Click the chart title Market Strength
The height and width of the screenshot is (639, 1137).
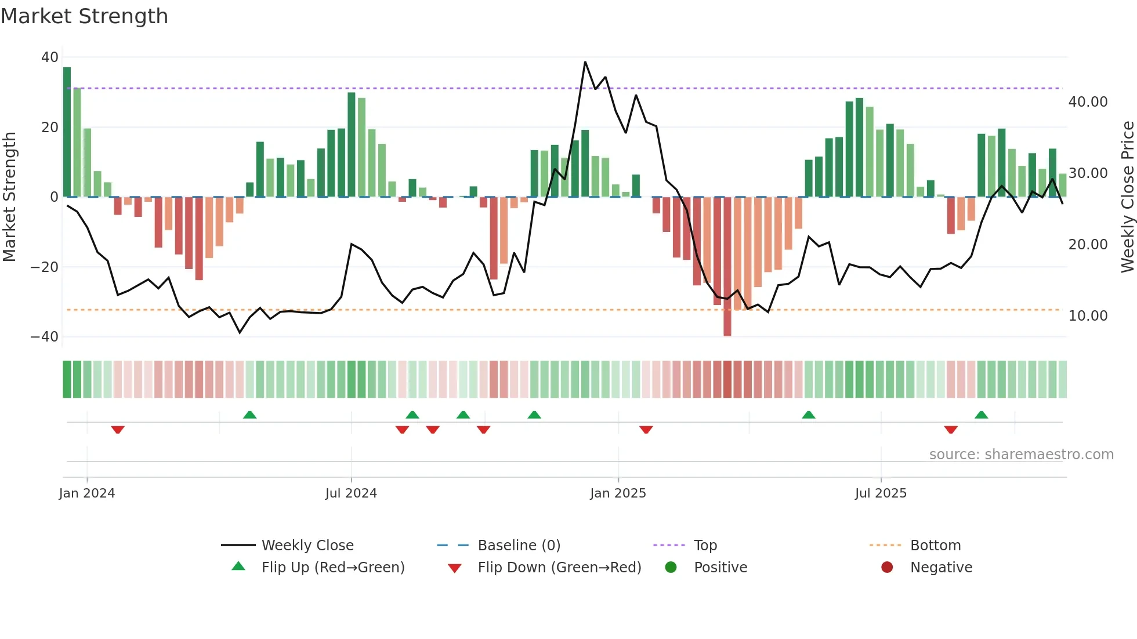click(x=84, y=16)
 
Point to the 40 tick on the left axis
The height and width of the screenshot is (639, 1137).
click(x=50, y=57)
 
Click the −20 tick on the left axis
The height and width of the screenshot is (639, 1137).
click(x=45, y=267)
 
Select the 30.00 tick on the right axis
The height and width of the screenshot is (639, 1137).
click(x=1088, y=173)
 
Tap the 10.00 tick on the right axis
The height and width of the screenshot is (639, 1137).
click(x=1088, y=316)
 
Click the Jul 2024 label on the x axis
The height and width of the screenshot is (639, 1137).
click(x=351, y=493)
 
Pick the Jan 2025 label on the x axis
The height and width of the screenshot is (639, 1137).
click(x=618, y=493)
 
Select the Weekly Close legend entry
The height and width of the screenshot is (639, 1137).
click(x=307, y=546)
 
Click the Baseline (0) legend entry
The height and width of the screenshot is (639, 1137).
click(x=519, y=546)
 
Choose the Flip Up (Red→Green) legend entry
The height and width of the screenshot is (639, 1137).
click(x=332, y=568)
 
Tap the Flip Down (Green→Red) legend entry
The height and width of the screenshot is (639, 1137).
click(x=559, y=568)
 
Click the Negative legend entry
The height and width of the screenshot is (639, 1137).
click(x=940, y=568)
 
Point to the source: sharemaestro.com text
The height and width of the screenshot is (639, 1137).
click(x=1021, y=455)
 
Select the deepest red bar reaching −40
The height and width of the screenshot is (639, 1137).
click(x=727, y=267)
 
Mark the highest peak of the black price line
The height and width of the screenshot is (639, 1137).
click(x=585, y=63)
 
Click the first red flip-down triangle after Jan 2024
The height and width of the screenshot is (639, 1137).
click(x=118, y=430)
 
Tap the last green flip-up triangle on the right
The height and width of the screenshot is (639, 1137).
click(x=981, y=415)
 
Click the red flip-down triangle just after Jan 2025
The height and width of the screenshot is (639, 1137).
click(x=646, y=430)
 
